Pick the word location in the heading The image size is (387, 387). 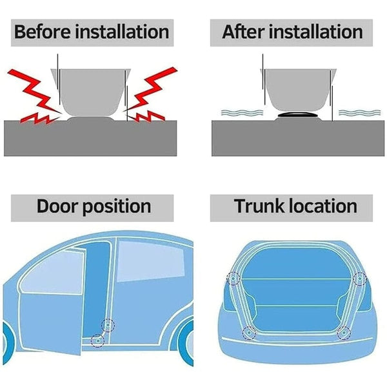pos(322,206)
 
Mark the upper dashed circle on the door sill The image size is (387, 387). pos(108,326)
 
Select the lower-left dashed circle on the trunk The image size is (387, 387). pos(247,333)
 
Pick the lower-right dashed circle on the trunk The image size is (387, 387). pos(344,333)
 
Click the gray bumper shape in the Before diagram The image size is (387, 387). pos(88,90)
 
